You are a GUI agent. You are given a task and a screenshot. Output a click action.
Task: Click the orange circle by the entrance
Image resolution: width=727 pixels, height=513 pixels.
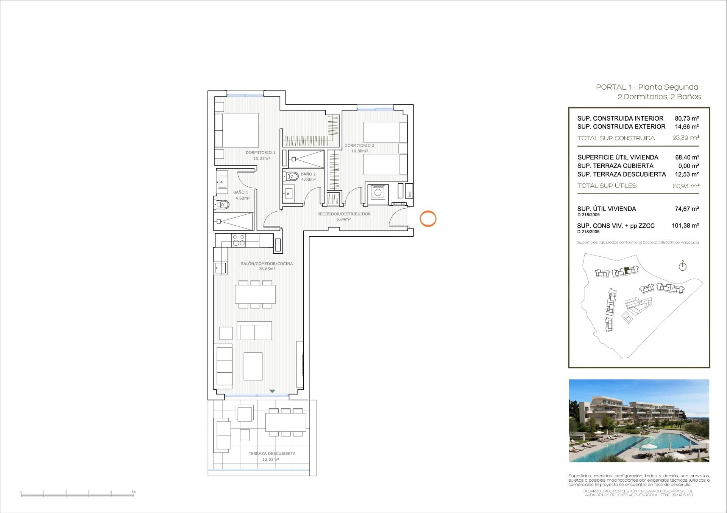coord(428,219)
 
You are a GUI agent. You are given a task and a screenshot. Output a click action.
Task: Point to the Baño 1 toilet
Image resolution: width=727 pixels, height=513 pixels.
coord(223,205)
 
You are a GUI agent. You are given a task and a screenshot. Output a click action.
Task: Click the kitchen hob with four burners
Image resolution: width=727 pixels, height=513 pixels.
coord(239,240)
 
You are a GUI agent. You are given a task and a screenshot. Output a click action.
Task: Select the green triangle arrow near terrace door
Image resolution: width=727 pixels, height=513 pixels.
coord(272,391)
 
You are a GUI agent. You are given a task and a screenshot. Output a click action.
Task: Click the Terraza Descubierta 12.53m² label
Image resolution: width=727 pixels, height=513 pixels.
coord(271,456)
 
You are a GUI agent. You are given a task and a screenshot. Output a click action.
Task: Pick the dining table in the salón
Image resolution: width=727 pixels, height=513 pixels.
coord(255,294)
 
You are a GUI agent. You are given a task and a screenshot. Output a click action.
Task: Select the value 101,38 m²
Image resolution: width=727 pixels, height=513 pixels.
coord(685,226)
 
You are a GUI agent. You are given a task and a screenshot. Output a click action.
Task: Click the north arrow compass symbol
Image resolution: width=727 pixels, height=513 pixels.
coord(682,266)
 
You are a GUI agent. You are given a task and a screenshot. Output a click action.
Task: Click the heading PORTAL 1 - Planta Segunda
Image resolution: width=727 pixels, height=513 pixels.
coord(647,87)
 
